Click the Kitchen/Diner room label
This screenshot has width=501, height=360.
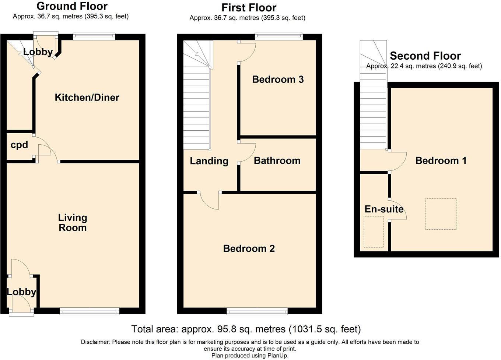[x=87, y=98]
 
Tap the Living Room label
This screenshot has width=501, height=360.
[x=73, y=223]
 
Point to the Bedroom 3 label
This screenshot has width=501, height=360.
[x=278, y=80]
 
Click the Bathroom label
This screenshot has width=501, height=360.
[x=277, y=160]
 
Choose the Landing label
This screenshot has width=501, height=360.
[x=209, y=161]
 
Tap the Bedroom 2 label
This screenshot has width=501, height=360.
[x=249, y=248]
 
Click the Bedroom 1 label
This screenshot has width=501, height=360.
[x=441, y=160]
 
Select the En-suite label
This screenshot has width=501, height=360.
[x=384, y=209]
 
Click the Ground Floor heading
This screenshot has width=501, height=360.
[x=72, y=6]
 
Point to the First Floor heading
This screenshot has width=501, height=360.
[x=249, y=8]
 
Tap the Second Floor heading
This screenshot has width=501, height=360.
[x=425, y=56]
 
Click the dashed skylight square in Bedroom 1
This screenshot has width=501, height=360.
[x=441, y=214]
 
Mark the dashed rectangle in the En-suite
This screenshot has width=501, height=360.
[x=374, y=232]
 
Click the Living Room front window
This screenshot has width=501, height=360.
[x=90, y=311]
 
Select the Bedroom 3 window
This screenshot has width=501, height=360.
[x=279, y=37]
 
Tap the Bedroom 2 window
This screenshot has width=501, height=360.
[x=257, y=311]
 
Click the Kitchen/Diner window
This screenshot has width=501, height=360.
[x=94, y=37]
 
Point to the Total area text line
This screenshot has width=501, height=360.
[x=246, y=329]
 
